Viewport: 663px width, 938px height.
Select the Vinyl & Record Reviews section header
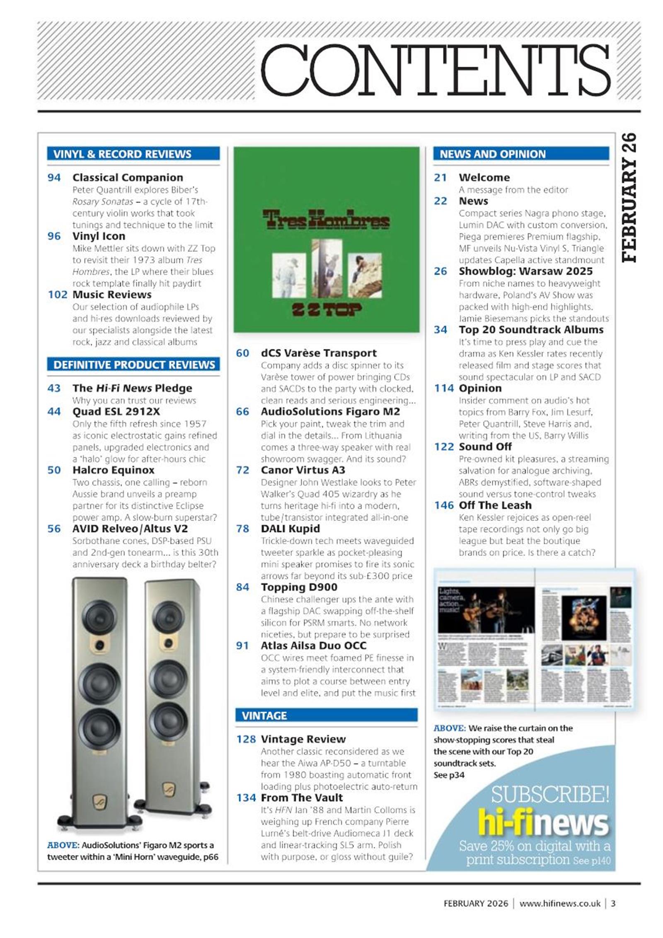tap(133, 154)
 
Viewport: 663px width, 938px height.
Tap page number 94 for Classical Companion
tap(54, 178)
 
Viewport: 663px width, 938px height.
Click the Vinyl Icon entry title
tap(99, 236)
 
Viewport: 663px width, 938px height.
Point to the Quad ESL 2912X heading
tap(116, 411)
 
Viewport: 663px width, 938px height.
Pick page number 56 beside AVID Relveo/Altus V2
tap(54, 529)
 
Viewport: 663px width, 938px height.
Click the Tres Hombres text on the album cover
tap(326, 220)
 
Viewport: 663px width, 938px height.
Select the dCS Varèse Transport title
tap(319, 353)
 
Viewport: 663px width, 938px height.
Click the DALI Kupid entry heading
tap(290, 529)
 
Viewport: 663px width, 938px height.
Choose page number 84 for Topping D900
tap(242, 587)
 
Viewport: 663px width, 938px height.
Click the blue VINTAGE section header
tap(326, 716)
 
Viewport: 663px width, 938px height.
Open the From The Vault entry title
tap(302, 798)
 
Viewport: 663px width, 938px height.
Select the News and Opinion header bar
tap(521, 154)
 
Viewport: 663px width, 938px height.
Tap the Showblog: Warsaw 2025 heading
tap(525, 271)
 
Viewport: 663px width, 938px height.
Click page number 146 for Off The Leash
tap(444, 505)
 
